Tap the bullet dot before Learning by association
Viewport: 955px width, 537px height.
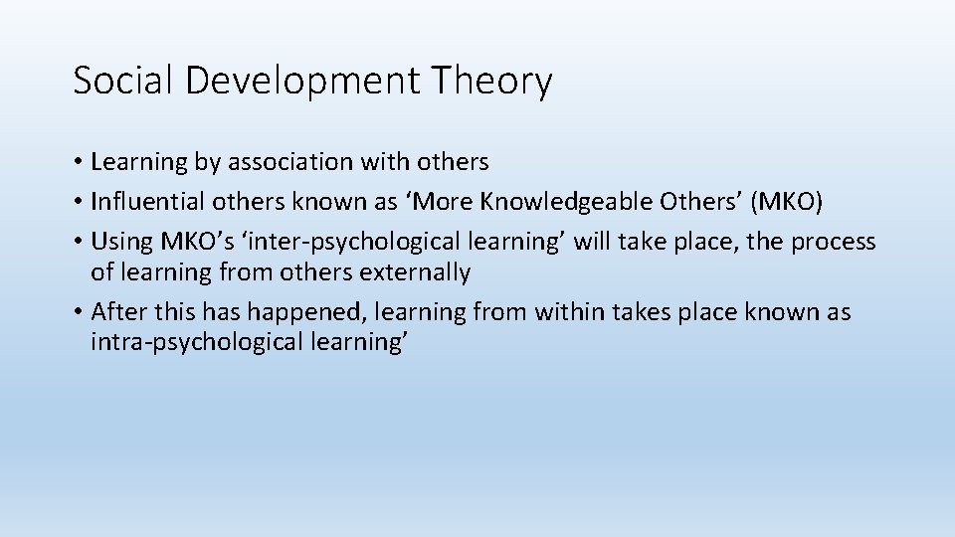click(x=78, y=162)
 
